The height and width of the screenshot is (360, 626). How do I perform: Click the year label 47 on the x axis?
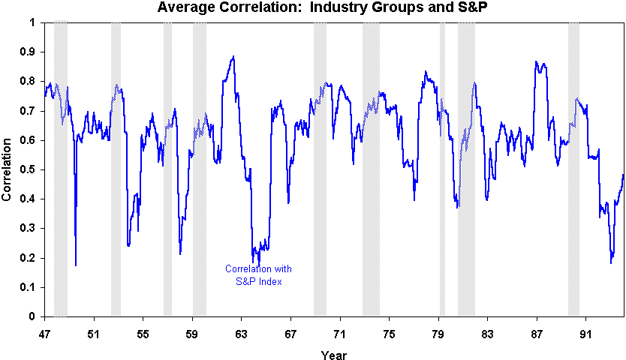click(x=44, y=331)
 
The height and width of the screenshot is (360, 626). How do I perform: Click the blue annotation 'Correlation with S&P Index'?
click(x=259, y=275)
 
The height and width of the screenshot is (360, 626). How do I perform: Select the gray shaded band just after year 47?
click(x=61, y=169)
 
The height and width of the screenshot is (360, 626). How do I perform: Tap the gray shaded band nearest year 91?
click(x=573, y=169)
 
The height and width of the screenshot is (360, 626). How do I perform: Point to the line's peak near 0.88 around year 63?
click(x=233, y=57)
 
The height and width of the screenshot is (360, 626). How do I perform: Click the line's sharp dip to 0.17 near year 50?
click(x=76, y=265)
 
